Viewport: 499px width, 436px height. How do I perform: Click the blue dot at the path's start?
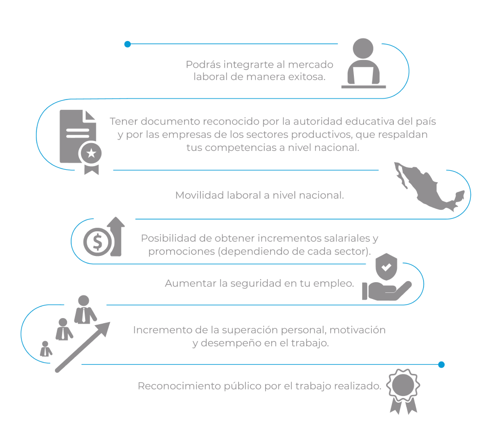click(x=128, y=44)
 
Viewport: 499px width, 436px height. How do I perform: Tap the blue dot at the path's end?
click(x=441, y=365)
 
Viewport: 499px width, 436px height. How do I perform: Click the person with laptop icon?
click(x=364, y=63)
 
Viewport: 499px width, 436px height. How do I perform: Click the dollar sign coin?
click(x=98, y=242)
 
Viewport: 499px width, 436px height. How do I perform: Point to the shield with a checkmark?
click(x=386, y=267)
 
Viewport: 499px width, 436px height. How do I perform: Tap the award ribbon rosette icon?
click(x=403, y=391)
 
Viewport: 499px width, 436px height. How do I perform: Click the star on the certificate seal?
click(x=91, y=153)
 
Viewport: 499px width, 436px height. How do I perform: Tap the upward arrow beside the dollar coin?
click(x=116, y=236)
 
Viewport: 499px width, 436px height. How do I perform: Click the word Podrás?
click(x=203, y=65)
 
